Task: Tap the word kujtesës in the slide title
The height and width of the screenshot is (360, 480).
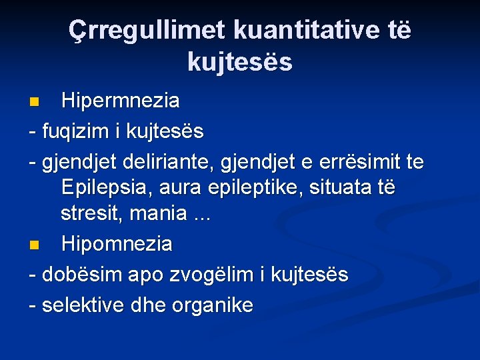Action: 240,62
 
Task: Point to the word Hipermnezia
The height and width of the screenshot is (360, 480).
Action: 120,101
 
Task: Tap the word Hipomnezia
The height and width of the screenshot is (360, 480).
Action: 117,244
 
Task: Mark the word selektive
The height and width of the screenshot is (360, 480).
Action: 82,305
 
